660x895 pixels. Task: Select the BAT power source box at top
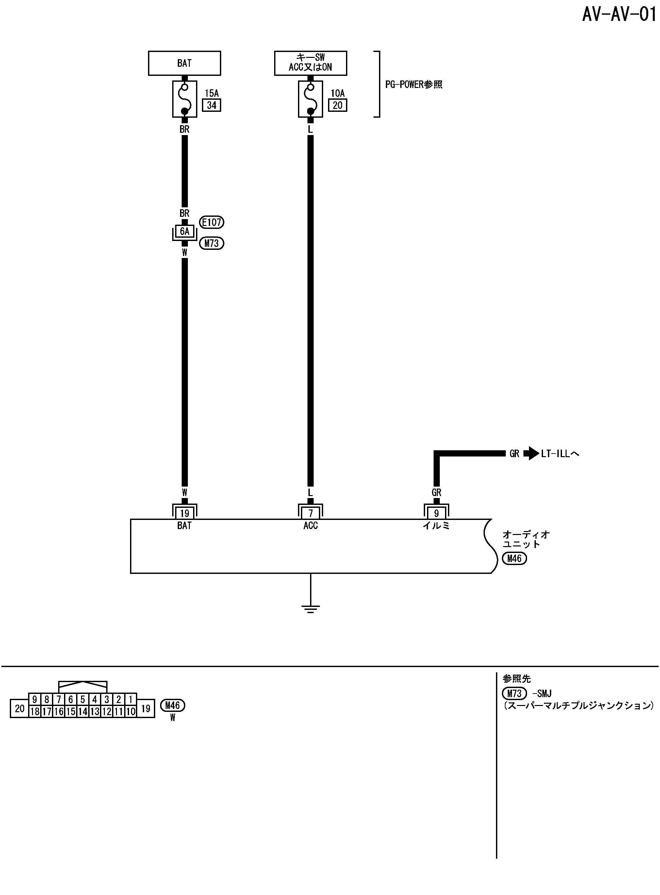pyautogui.click(x=184, y=63)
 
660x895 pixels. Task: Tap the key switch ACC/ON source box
pyautogui.click(x=310, y=63)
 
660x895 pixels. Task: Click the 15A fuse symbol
pyautogui.click(x=185, y=99)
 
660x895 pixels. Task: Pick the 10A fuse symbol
pyautogui.click(x=310, y=99)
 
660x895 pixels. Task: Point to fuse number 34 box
pyautogui.click(x=212, y=106)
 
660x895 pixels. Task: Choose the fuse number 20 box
pyautogui.click(x=338, y=106)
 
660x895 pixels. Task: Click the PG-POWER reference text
pyautogui.click(x=414, y=85)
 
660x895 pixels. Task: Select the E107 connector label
pyautogui.click(x=212, y=222)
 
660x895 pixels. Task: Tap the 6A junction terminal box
pyautogui.click(x=184, y=232)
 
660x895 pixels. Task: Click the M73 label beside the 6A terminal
pyautogui.click(x=212, y=243)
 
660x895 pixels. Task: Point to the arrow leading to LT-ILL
pyautogui.click(x=531, y=453)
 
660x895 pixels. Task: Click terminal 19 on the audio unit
pyautogui.click(x=184, y=513)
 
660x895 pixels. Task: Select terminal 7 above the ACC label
pyautogui.click(x=310, y=513)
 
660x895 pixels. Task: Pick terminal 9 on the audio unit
pyautogui.click(x=436, y=513)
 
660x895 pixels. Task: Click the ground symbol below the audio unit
pyautogui.click(x=310, y=609)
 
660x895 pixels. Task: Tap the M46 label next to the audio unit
pyautogui.click(x=514, y=559)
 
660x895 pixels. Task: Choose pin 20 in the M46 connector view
pyautogui.click(x=20, y=709)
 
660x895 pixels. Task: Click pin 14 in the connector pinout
pyautogui.click(x=83, y=712)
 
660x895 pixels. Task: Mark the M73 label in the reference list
pyautogui.click(x=514, y=694)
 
